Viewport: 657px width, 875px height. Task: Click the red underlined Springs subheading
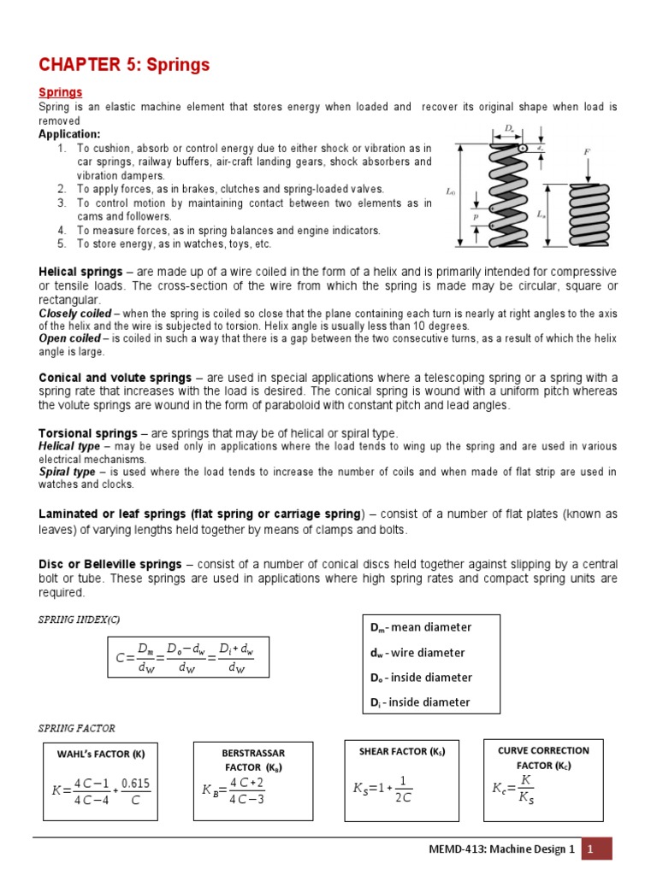coord(60,91)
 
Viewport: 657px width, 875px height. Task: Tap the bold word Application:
coord(69,134)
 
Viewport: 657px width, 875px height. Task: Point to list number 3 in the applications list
coord(62,203)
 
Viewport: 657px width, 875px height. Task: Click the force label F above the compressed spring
coord(588,152)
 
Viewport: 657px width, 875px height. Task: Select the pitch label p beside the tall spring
coord(475,217)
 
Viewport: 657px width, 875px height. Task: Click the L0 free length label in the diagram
coord(450,192)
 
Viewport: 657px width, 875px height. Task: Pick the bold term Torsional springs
coord(88,433)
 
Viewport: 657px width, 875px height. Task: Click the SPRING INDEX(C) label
coord(80,618)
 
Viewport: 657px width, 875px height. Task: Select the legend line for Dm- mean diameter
coord(420,627)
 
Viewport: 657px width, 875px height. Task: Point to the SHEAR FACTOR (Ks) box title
coord(402,751)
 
